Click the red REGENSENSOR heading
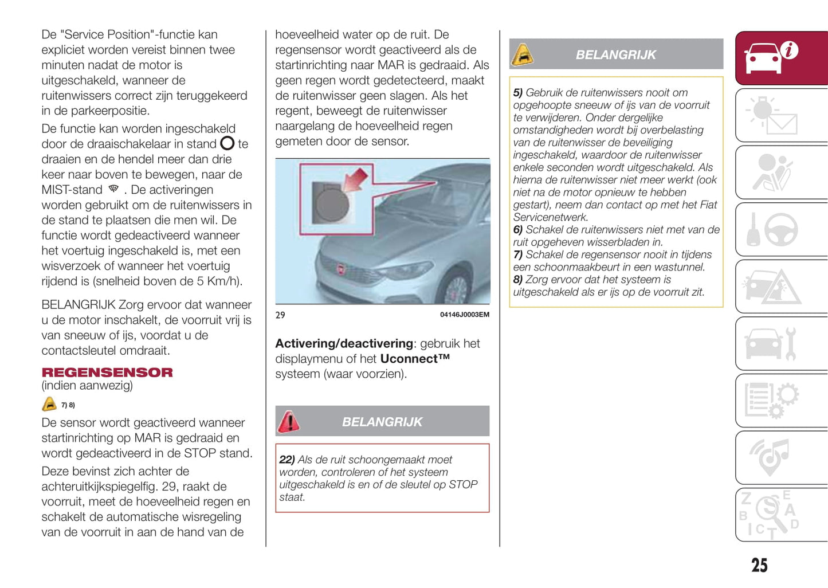(107, 373)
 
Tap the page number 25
(759, 565)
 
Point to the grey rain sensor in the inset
(332, 205)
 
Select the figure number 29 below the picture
(280, 315)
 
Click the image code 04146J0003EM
(464, 315)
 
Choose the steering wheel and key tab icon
(773, 229)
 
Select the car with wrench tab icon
(771, 344)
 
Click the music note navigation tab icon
(771, 457)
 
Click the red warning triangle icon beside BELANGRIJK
(289, 422)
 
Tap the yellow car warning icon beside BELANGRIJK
(522, 54)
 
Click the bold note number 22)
(287, 460)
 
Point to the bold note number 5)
(518, 93)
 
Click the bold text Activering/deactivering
(344, 343)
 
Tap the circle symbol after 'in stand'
(227, 143)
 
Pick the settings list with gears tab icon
(771, 399)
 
